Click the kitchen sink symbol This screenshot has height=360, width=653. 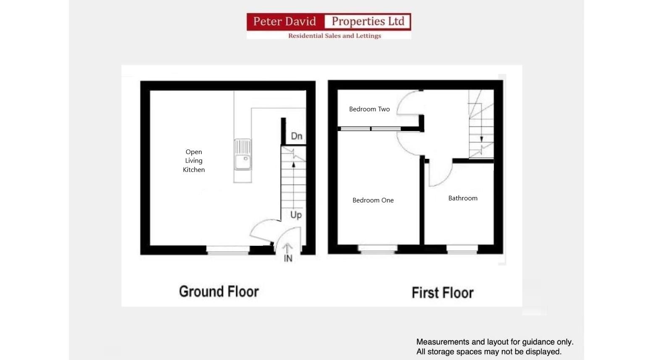pyautogui.click(x=243, y=155)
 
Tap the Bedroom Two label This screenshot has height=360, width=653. pyautogui.click(x=369, y=109)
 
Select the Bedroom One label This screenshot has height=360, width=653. pyautogui.click(x=373, y=200)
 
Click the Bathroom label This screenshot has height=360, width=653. pyautogui.click(x=463, y=198)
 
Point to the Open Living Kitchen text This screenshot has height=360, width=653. pyautogui.click(x=194, y=161)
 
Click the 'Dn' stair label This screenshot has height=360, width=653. pyautogui.click(x=297, y=136)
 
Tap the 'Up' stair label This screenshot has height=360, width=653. pyautogui.click(x=296, y=215)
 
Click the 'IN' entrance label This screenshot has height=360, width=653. pyautogui.click(x=288, y=258)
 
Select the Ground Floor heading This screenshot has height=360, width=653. pyautogui.click(x=219, y=292)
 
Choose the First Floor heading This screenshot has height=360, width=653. pyautogui.click(x=442, y=293)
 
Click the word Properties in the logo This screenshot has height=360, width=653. pyautogui.click(x=368, y=21)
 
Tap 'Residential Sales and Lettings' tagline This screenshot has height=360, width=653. pyautogui.click(x=334, y=36)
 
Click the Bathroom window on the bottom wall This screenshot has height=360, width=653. pyautogui.click(x=462, y=250)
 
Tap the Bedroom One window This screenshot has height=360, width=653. pyautogui.click(x=377, y=250)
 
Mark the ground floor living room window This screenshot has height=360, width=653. pyautogui.click(x=228, y=250)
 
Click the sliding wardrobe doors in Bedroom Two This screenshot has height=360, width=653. pyautogui.click(x=370, y=129)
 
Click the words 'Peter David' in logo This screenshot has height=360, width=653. pyautogui.click(x=284, y=21)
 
